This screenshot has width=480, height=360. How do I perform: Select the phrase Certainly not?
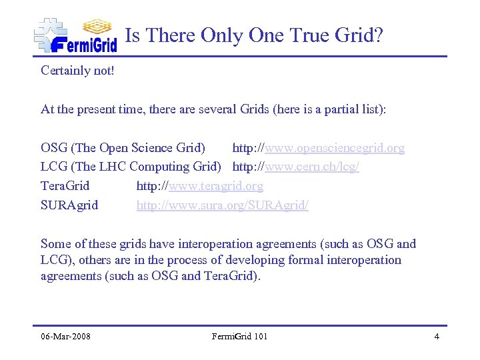(x=77, y=70)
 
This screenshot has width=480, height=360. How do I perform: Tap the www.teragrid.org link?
(x=216, y=186)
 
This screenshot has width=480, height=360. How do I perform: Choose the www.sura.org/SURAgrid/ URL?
(x=222, y=205)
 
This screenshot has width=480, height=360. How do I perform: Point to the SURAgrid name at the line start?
(x=69, y=205)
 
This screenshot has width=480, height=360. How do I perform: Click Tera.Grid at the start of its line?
(x=65, y=186)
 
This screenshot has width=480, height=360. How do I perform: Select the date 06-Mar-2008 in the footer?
(x=65, y=336)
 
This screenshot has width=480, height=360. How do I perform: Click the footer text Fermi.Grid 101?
(x=239, y=336)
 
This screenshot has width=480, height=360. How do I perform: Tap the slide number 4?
(x=437, y=336)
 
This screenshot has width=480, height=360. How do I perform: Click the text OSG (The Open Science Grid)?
(x=123, y=148)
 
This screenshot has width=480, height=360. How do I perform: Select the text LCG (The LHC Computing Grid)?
(x=131, y=167)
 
